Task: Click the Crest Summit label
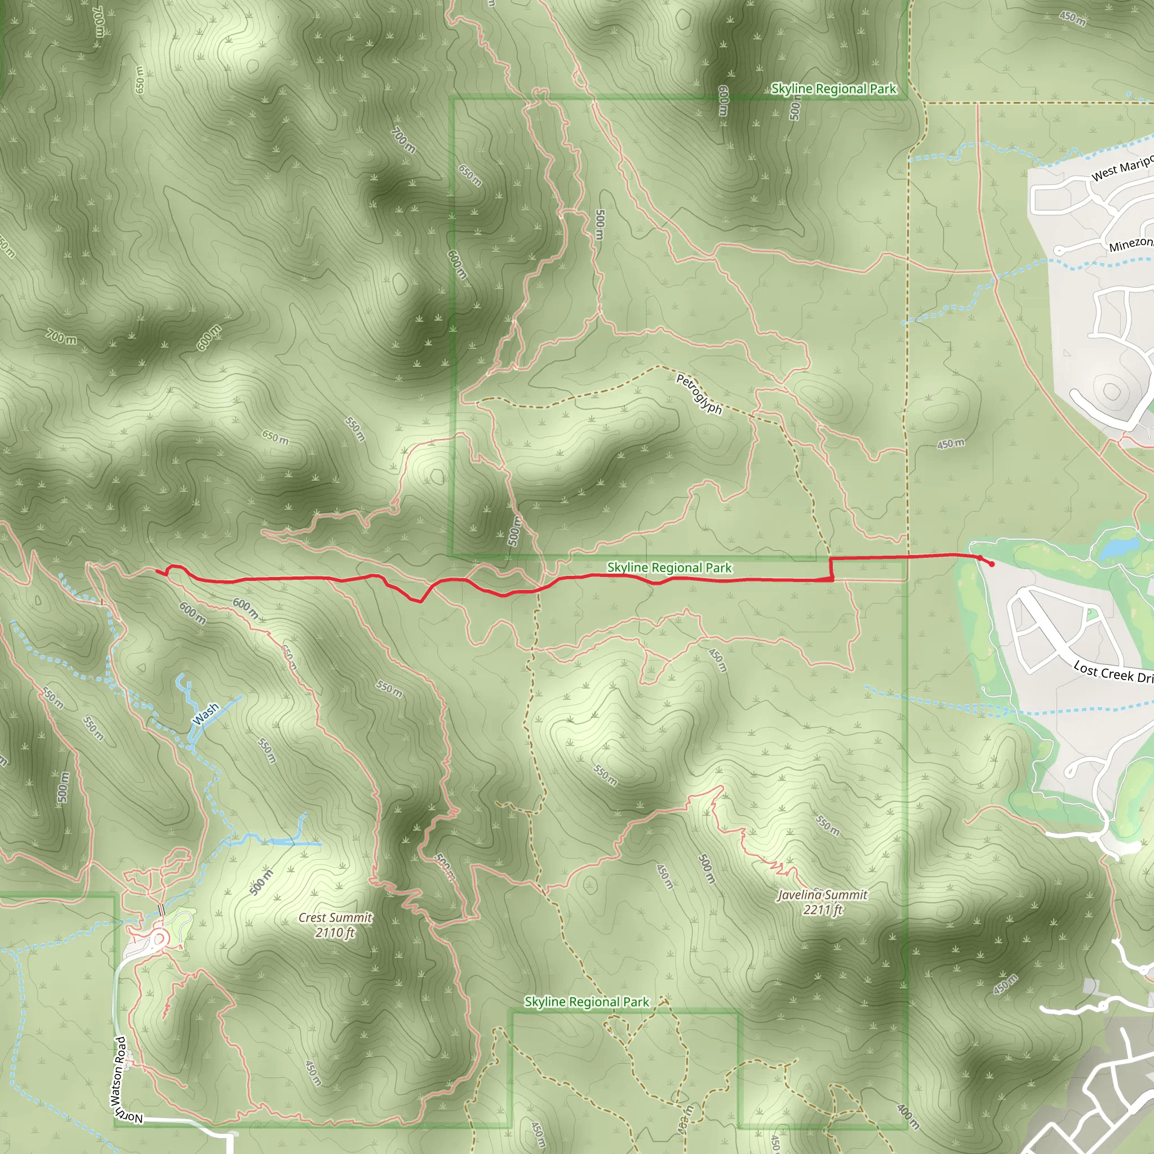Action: tap(335, 917)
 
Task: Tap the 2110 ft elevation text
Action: tap(335, 933)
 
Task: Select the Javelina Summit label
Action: tap(822, 895)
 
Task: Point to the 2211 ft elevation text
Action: tap(823, 909)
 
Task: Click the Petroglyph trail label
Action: tap(699, 394)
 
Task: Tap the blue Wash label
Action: tap(206, 714)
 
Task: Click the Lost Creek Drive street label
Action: tap(1112, 672)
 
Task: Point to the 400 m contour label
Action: tap(907, 1116)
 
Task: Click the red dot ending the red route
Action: tap(992, 564)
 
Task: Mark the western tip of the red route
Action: tap(157, 571)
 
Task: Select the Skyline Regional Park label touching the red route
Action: tap(669, 567)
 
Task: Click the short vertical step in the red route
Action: tap(832, 569)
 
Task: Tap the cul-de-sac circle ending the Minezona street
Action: tap(1059, 251)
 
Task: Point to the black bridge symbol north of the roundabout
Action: tap(161, 911)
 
